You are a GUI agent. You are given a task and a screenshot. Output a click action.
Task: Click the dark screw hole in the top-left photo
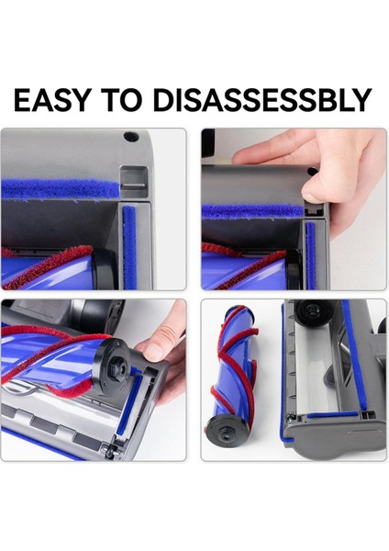click(130, 137)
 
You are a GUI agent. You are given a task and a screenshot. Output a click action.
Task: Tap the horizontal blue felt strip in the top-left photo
click(60, 190)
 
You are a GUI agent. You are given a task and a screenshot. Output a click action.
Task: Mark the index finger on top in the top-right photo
click(275, 147)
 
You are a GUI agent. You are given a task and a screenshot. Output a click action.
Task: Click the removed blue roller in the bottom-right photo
click(239, 367)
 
